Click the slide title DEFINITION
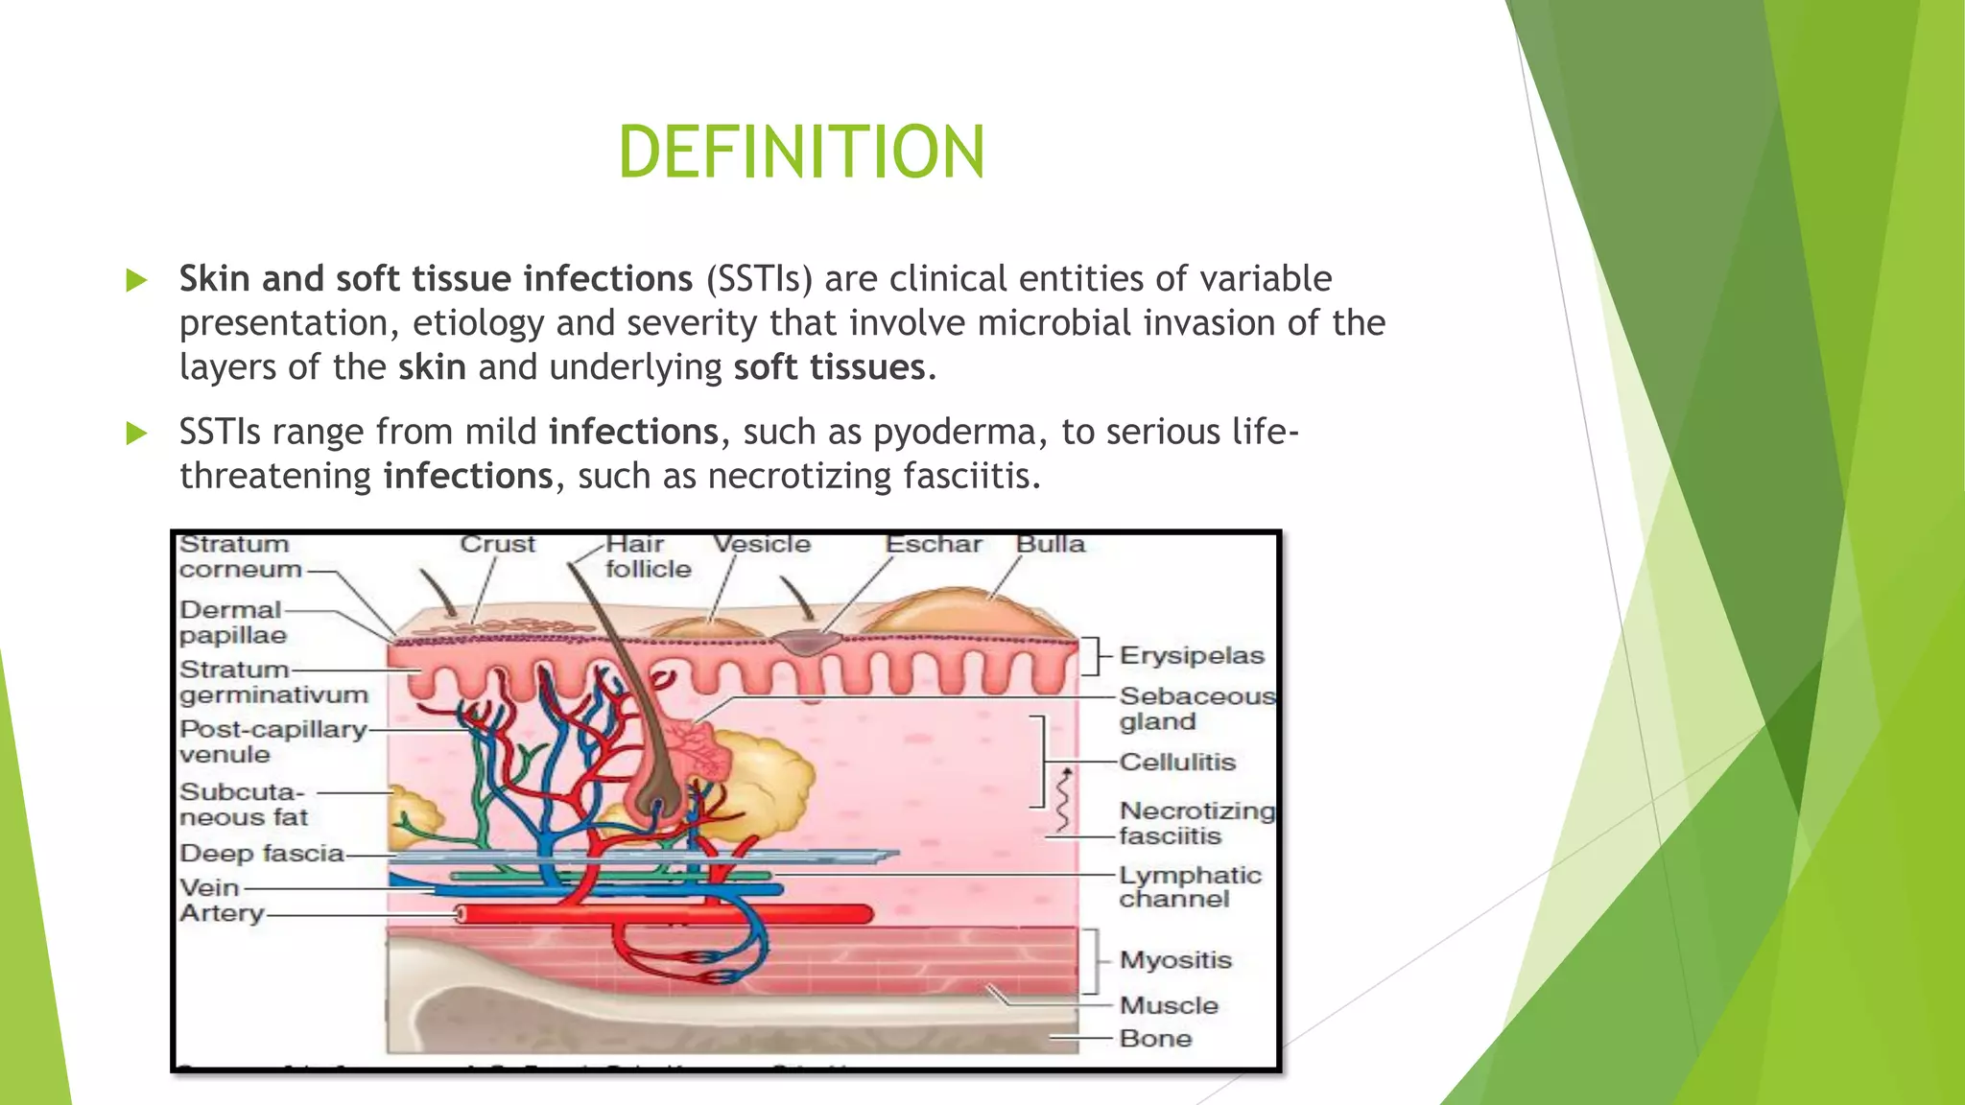(x=801, y=153)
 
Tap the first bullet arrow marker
(x=137, y=280)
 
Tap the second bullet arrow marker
(x=137, y=434)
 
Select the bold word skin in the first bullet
(x=432, y=367)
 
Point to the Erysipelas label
(x=1192, y=656)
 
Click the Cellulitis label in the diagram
(x=1177, y=763)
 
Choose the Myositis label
(x=1175, y=960)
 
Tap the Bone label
(x=1155, y=1039)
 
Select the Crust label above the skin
(x=497, y=545)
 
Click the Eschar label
(x=934, y=545)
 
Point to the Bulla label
(x=1051, y=545)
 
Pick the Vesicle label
(x=762, y=545)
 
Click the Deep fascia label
(x=261, y=854)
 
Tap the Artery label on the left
(x=222, y=913)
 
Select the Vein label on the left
(x=209, y=888)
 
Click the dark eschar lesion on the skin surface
(x=807, y=642)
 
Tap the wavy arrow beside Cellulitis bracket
(x=1063, y=800)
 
